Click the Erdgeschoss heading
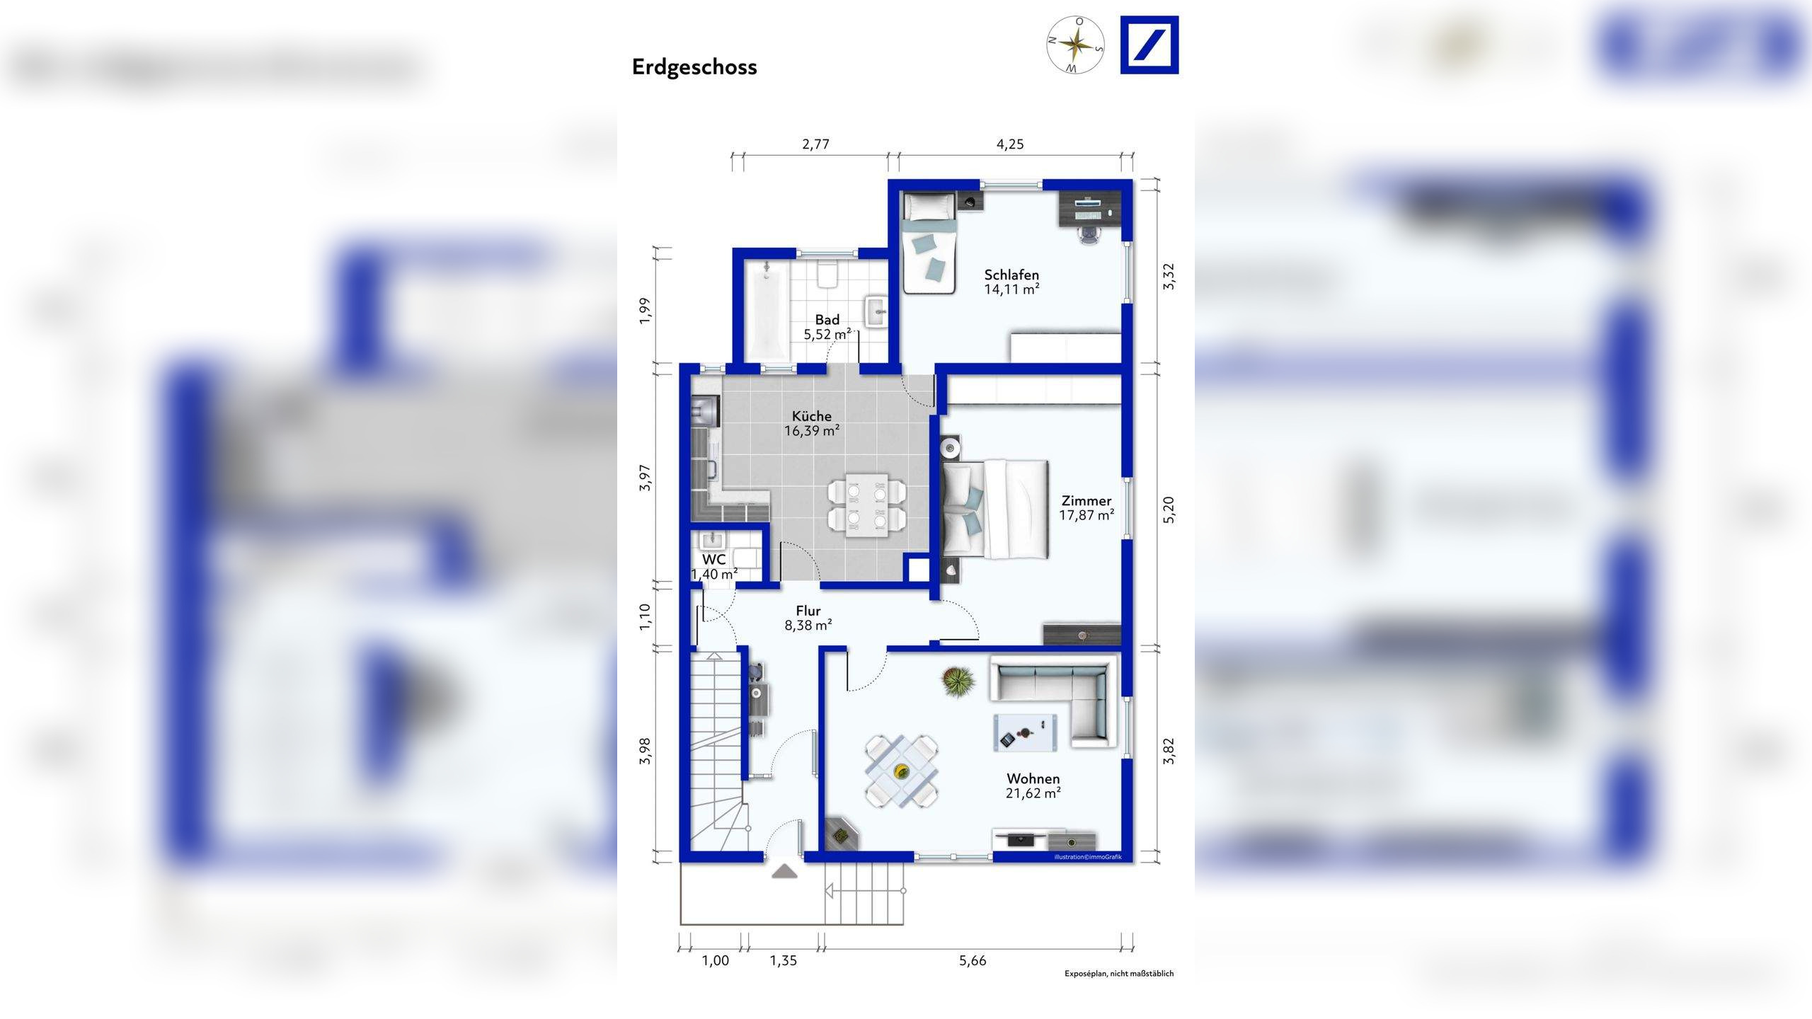694,67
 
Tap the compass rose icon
1075,45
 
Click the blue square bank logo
1149,45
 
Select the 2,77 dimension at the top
815,144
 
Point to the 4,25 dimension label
1010,144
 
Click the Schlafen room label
1011,275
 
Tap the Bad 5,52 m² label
827,327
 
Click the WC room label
713,560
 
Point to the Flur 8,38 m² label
808,618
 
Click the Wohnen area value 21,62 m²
1033,793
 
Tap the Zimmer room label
1086,501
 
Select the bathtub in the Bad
766,311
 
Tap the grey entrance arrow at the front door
784,871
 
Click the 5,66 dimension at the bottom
973,961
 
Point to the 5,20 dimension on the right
1169,509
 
